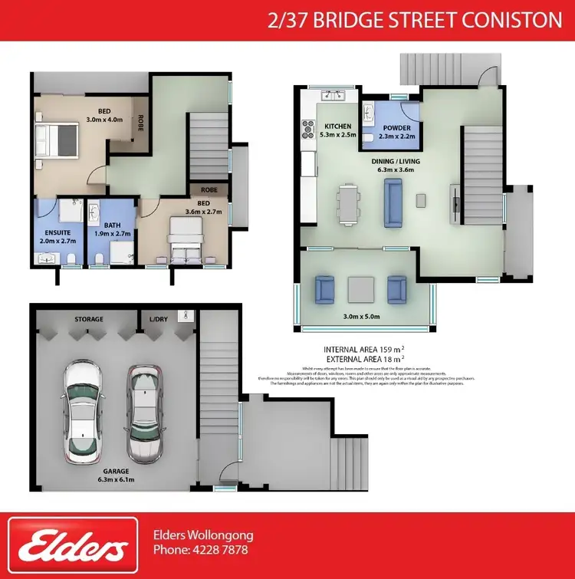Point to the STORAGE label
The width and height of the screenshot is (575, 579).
[89, 319]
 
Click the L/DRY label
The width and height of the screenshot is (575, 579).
[158, 319]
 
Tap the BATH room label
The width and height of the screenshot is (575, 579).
[112, 225]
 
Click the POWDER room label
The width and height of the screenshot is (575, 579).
[397, 128]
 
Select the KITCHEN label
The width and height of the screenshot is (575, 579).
[338, 127]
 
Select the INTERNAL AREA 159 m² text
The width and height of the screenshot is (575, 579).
[364, 348]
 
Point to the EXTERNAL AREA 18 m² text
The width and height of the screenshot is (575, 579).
[364, 358]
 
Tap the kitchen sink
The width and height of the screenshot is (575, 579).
[333, 95]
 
